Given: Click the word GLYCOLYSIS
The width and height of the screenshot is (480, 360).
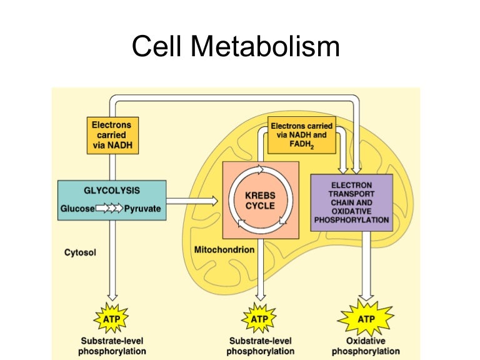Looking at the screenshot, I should tap(112, 190).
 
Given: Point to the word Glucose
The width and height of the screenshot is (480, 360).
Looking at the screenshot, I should tap(77, 208).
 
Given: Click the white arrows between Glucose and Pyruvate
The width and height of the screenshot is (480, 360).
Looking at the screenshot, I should tap(109, 208).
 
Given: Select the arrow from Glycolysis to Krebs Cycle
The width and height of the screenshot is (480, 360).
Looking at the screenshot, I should tap(193, 200).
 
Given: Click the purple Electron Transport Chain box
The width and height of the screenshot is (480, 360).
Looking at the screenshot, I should tap(352, 202).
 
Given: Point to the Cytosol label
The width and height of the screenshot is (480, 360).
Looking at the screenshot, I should tap(79, 252).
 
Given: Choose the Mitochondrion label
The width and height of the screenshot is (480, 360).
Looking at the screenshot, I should tap(224, 249).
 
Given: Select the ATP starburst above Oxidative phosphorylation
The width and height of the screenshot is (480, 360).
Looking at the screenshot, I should tap(366, 319).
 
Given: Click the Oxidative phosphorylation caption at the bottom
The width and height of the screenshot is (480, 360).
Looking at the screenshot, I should tap(366, 346).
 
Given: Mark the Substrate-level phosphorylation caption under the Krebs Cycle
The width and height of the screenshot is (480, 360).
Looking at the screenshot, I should tap(259, 346).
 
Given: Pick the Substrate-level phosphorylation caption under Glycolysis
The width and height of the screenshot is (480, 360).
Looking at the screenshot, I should tap(112, 346).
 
